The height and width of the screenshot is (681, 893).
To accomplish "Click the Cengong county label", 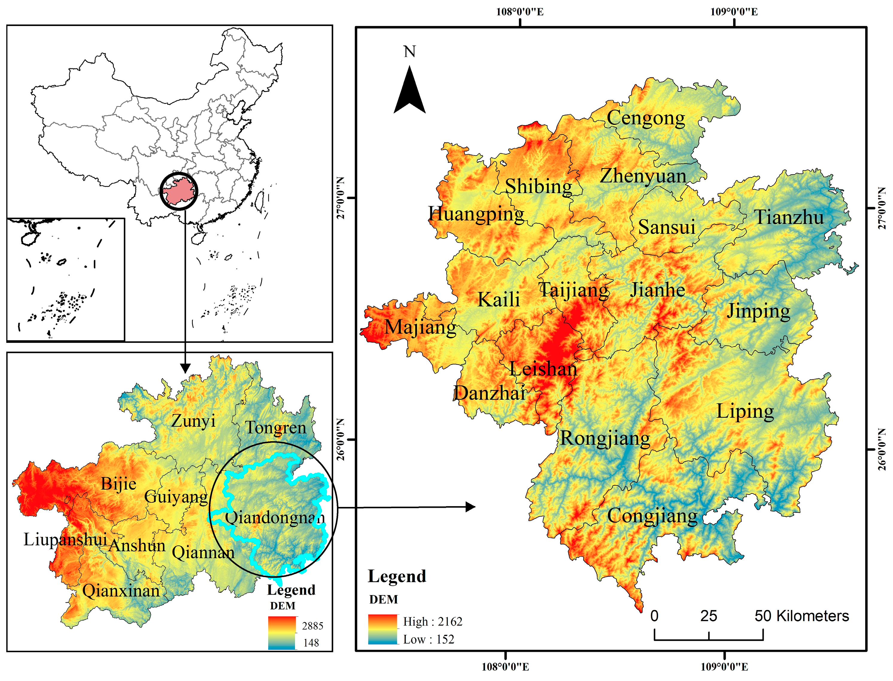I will click(x=646, y=118).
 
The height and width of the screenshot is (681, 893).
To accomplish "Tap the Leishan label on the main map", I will click(x=543, y=369).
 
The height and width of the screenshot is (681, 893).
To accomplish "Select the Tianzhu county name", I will click(x=789, y=218).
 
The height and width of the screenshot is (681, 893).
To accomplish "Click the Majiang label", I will click(x=420, y=328).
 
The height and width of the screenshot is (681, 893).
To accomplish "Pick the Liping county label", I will click(x=745, y=411).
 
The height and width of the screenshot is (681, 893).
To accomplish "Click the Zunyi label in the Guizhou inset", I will click(x=193, y=421).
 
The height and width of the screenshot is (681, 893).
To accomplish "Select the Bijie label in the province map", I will click(x=118, y=484).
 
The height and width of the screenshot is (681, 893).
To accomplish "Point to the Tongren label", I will click(x=276, y=428).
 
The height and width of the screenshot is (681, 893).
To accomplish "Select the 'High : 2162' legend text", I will click(x=432, y=622).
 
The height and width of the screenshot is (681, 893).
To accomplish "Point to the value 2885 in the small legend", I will click(x=312, y=626).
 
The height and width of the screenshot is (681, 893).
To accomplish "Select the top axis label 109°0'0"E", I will click(x=733, y=12).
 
